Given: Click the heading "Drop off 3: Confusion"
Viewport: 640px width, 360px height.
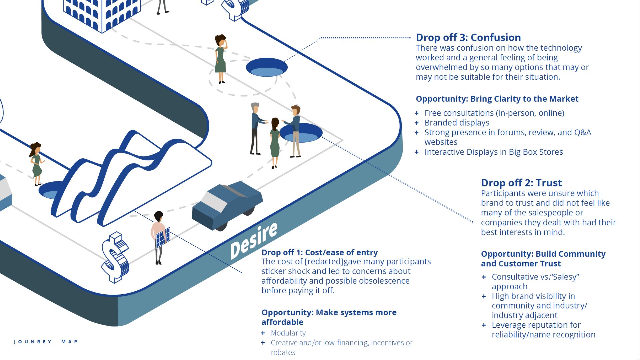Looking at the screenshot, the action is click(468, 37).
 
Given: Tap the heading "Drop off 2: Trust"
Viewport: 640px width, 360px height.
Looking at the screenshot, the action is click(521, 183).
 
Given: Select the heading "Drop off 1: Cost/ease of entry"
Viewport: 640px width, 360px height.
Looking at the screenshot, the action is click(320, 252).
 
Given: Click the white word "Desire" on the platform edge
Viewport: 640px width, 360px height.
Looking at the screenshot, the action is click(254, 240).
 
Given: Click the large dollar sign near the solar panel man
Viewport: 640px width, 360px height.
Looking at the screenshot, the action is click(115, 257).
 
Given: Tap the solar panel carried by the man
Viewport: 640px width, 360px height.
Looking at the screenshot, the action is click(163, 238).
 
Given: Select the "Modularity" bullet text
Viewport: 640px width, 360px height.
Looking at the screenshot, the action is click(288, 333).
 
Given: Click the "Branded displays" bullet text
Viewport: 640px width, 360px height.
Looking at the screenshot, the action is click(457, 123).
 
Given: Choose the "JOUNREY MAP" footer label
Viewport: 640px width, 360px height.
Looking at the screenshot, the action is click(46, 342).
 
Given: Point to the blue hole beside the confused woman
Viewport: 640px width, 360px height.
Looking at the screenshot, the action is click(267, 67).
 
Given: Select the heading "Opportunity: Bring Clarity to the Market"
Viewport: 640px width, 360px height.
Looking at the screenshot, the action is click(497, 99).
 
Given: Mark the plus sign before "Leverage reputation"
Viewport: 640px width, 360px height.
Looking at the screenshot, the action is click(484, 325).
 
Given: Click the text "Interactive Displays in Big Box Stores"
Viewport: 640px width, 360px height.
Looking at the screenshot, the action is click(494, 152).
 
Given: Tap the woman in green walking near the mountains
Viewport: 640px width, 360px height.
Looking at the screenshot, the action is click(36, 164).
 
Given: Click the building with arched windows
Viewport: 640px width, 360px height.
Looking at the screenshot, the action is click(102, 15).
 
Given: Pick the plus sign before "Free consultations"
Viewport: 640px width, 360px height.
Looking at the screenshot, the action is click(416, 113).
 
